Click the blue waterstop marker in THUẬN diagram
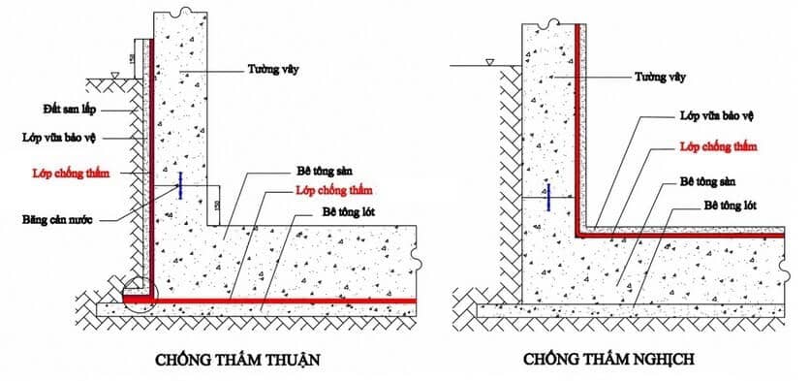180,186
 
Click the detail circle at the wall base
140,294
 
